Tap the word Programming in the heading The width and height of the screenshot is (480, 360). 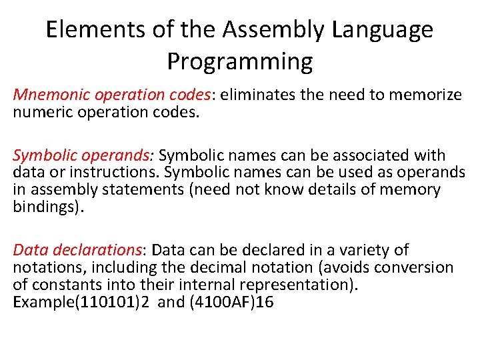pos(239,61)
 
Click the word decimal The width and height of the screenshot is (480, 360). pos(209,268)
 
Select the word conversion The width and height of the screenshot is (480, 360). pos(412,268)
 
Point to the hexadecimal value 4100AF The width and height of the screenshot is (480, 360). pos(226,302)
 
